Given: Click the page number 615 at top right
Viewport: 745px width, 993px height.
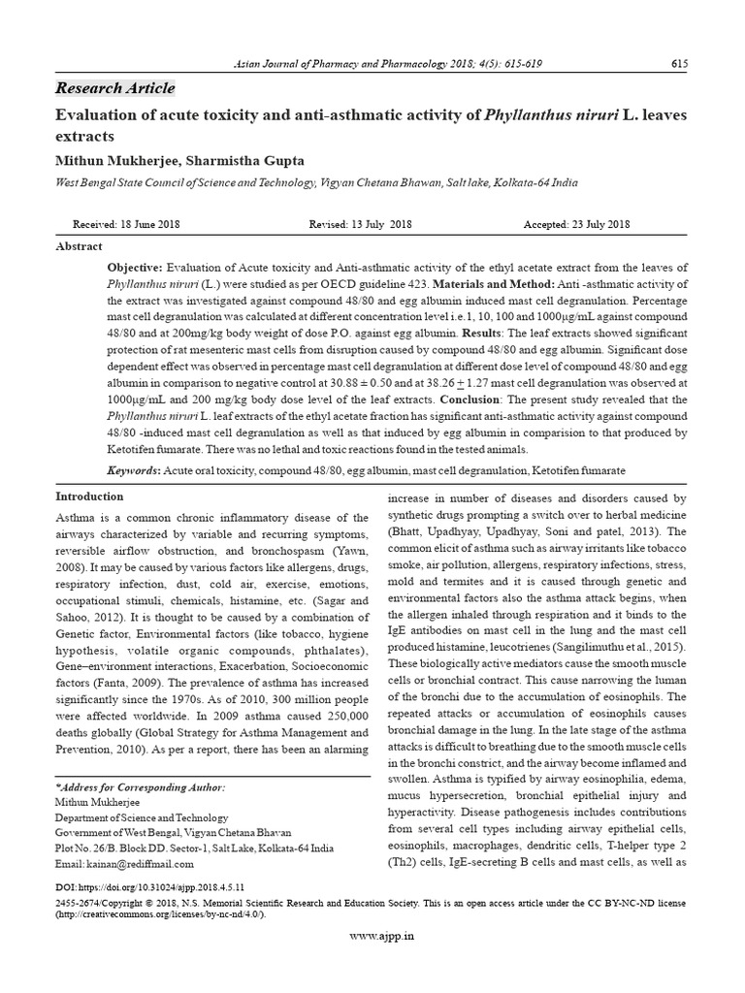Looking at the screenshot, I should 679,64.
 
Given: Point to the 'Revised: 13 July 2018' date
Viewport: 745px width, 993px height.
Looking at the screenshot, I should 360,224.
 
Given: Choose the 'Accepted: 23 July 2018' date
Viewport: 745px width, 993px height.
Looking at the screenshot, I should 577,224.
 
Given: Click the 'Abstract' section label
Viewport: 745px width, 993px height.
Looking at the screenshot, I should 79,247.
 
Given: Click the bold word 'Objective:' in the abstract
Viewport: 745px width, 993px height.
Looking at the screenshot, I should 136,268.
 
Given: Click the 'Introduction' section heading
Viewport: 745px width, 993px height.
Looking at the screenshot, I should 90,497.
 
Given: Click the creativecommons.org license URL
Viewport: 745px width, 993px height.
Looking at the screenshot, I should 160,913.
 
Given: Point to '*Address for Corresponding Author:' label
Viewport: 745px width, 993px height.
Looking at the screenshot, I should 141,787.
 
